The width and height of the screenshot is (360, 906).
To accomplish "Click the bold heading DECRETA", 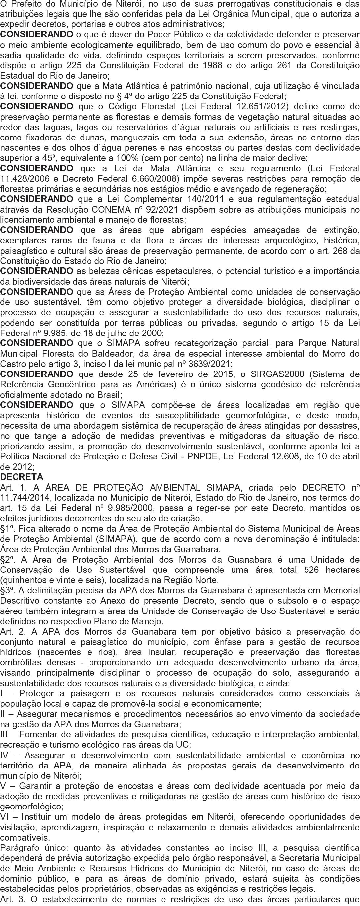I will click(x=22, y=477).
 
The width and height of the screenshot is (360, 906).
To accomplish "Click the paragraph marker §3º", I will click(x=7, y=590).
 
